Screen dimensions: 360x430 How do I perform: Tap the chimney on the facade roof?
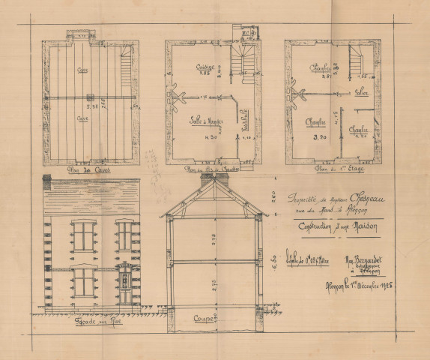pos(46,181)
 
